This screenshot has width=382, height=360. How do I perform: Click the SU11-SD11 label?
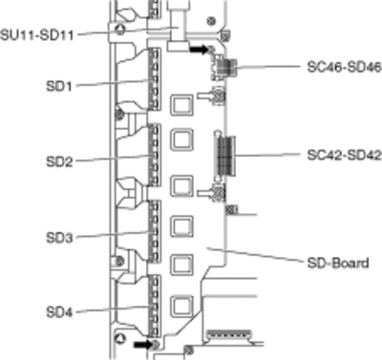pyautogui.click(x=37, y=34)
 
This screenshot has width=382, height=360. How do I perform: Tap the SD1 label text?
pyautogui.click(x=59, y=86)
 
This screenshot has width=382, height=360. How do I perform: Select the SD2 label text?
pyautogui.click(x=59, y=161)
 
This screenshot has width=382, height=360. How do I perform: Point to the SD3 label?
pyautogui.click(x=59, y=238)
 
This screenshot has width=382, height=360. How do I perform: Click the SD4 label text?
pyautogui.click(x=59, y=312)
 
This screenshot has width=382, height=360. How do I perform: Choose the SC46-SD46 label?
pyautogui.click(x=344, y=67)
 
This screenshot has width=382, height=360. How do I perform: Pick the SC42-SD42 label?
pyautogui.click(x=344, y=155)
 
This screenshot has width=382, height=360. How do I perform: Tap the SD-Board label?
pyautogui.click(x=338, y=263)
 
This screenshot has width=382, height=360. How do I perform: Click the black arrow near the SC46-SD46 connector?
pyautogui.click(x=200, y=50)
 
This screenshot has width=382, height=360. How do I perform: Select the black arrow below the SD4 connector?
pyautogui.click(x=143, y=345)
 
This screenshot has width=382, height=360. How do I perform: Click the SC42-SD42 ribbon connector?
pyautogui.click(x=226, y=156)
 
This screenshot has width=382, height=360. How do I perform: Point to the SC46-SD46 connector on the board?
pyautogui.click(x=224, y=68)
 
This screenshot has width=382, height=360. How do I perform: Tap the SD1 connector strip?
pyautogui.click(x=155, y=79)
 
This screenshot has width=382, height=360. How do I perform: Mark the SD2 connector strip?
pyautogui.click(x=155, y=155)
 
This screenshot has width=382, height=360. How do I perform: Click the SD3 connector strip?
pyautogui.click(x=155, y=232)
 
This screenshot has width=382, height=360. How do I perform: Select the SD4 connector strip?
pyautogui.click(x=155, y=307)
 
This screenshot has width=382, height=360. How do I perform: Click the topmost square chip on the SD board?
pyautogui.click(x=181, y=105)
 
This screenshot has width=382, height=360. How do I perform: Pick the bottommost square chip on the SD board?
pyautogui.click(x=181, y=307)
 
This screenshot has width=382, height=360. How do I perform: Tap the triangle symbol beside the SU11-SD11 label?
pyautogui.click(x=120, y=31)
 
